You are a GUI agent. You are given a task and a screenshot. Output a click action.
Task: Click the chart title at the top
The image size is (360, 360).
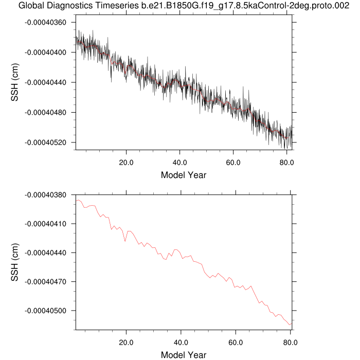pyautogui.click(x=180, y=6)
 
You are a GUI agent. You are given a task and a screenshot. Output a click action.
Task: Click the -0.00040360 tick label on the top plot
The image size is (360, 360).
pyautogui.click(x=48, y=23)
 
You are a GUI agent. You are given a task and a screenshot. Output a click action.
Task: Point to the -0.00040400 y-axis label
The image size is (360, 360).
pyautogui.click(x=48, y=52)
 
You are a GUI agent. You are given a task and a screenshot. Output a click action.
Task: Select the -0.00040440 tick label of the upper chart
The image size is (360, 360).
pyautogui.click(x=48, y=82)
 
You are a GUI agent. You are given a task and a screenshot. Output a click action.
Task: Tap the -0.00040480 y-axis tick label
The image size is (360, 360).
pyautogui.click(x=48, y=112)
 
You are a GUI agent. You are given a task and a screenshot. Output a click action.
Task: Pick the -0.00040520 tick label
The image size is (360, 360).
pyautogui.click(x=48, y=142)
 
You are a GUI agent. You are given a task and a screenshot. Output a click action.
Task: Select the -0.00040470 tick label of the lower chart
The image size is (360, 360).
pyautogui.click(x=48, y=282)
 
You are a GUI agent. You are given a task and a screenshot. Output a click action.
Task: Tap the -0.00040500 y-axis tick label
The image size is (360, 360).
pyautogui.click(x=48, y=311)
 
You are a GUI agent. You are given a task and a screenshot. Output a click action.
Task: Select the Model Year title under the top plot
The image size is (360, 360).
pyautogui.click(x=184, y=175)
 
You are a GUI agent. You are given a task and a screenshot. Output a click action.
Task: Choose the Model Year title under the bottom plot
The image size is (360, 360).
pyautogui.click(x=184, y=354)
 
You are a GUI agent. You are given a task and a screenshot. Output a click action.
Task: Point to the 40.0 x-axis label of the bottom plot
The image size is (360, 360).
pyautogui.click(x=181, y=341)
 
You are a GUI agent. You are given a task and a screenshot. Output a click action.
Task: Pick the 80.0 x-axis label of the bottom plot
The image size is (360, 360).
pyautogui.click(x=290, y=341)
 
